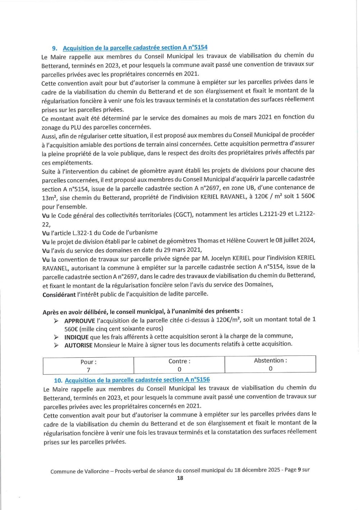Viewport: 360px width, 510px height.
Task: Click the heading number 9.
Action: click(55, 48)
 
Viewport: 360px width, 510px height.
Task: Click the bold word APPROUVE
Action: click(80, 321)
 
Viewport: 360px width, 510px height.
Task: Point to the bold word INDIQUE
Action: click(76, 337)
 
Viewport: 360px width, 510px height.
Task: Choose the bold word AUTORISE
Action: click(78, 345)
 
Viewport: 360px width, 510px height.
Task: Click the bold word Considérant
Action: click(59, 294)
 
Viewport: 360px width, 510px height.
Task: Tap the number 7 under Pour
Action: click(88, 370)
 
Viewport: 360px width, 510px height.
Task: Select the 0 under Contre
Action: click(179, 369)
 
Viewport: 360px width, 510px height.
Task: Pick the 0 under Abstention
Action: click(270, 368)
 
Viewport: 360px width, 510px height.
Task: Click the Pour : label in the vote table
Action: click(88, 362)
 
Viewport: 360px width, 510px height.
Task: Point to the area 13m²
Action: click(50, 197)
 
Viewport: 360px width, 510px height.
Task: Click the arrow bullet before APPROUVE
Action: click(56, 321)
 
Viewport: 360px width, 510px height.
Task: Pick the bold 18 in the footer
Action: click(180, 478)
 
